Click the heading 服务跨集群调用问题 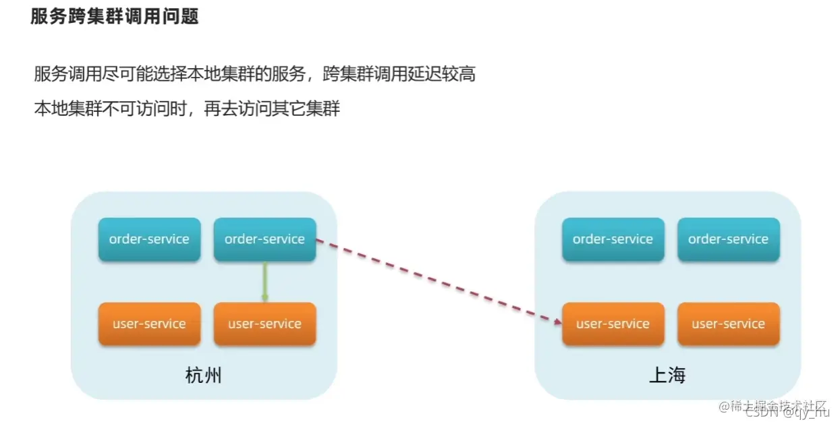(x=115, y=16)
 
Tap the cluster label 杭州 (x=203, y=375)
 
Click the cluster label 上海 (x=667, y=375)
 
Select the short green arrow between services (x=265, y=282)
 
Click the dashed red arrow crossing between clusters (x=439, y=280)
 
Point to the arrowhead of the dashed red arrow (x=558, y=322)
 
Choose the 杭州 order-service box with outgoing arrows (x=264, y=239)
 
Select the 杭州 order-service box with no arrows (x=149, y=239)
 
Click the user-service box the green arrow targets (x=264, y=324)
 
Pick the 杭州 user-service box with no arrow (x=149, y=324)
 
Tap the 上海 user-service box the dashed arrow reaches (x=613, y=324)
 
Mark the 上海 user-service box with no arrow (x=728, y=324)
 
